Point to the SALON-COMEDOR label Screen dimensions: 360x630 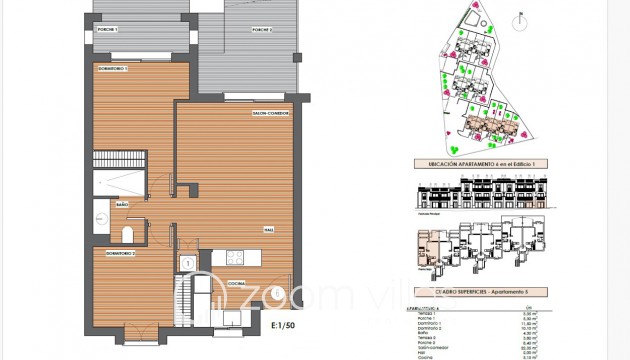(272, 114)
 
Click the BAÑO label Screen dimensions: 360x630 (123, 204)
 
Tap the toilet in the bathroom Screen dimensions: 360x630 (126, 235)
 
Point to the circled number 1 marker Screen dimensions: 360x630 (187, 264)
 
